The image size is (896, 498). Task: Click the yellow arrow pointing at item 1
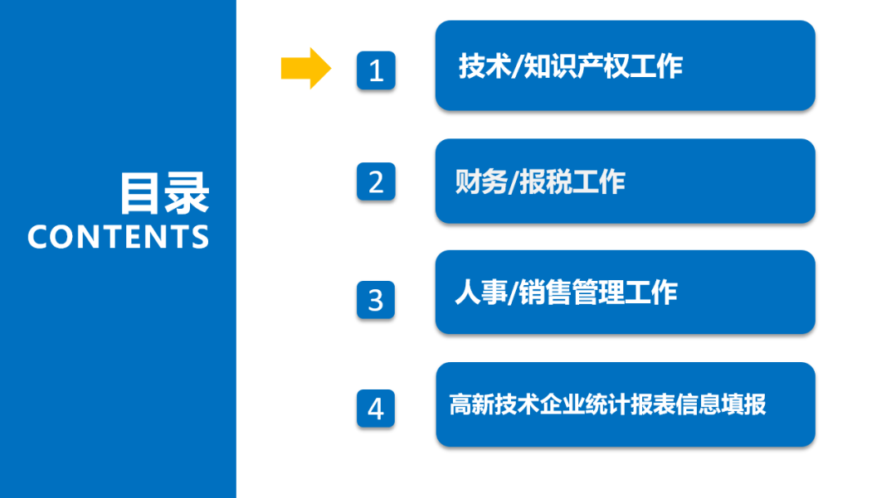[x=306, y=68]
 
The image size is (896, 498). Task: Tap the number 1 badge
[x=376, y=70]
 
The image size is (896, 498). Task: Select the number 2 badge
[x=376, y=181]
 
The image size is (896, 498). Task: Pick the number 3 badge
[x=376, y=299]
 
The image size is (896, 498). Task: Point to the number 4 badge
[x=376, y=409]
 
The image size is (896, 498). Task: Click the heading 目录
[x=163, y=193]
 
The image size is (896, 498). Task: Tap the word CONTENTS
[x=119, y=237]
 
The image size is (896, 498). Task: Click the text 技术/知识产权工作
[x=571, y=66]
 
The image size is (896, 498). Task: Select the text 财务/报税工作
[x=540, y=181]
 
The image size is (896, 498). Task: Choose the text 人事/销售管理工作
[x=566, y=293]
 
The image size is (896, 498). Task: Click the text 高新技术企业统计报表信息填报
[x=607, y=404]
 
